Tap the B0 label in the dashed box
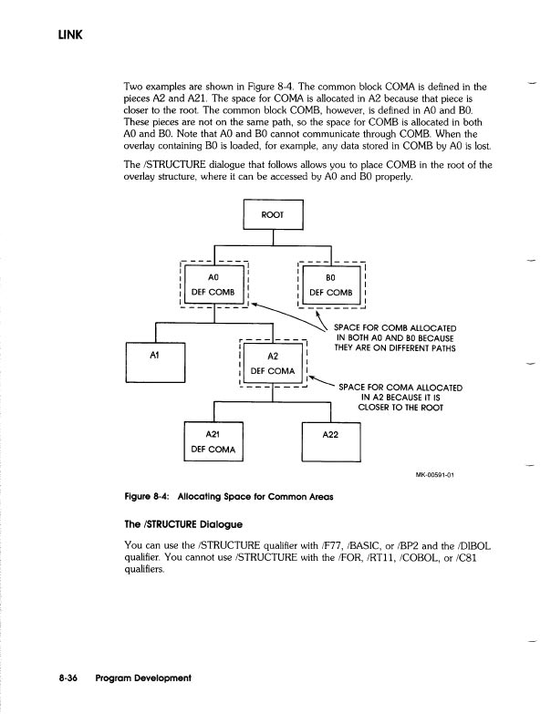[x=331, y=274]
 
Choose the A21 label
[x=213, y=435]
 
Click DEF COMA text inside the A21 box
[x=213, y=450]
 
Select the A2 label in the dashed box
[x=272, y=357]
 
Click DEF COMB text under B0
[x=333, y=292]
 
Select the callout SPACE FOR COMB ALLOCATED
[x=395, y=327]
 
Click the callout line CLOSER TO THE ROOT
[x=401, y=408]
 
